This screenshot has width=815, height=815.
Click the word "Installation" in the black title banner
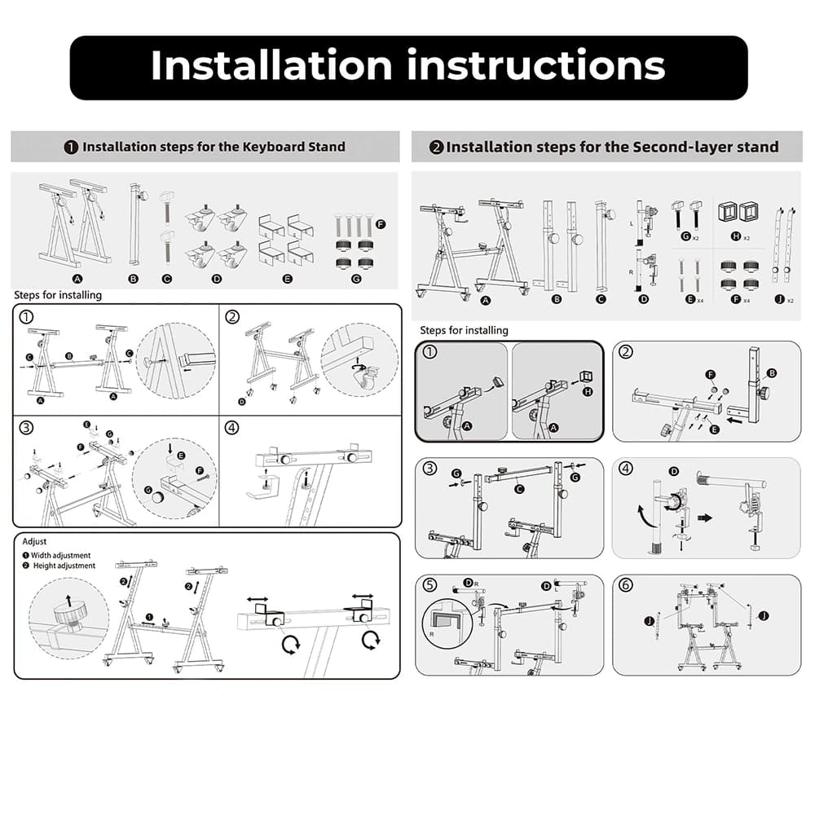(x=271, y=65)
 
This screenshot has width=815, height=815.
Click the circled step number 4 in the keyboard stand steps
(x=231, y=428)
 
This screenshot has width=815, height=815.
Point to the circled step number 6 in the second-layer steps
(x=626, y=584)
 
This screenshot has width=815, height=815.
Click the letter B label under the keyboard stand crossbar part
(x=133, y=279)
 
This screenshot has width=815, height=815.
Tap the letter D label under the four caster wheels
(x=217, y=279)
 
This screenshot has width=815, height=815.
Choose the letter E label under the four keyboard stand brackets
(x=287, y=279)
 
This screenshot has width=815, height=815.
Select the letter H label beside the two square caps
(x=735, y=236)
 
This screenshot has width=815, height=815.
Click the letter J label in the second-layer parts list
(x=779, y=299)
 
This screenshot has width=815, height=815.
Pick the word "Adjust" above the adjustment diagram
(x=34, y=542)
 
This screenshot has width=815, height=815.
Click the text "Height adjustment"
(x=64, y=566)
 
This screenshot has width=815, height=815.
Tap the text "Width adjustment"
(x=61, y=555)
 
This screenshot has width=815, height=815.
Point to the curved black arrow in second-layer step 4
(x=641, y=515)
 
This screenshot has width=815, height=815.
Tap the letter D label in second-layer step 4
(x=674, y=471)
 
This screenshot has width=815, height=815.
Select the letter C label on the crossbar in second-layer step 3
(x=518, y=489)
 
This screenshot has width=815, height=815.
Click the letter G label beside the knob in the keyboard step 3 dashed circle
(x=148, y=490)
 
